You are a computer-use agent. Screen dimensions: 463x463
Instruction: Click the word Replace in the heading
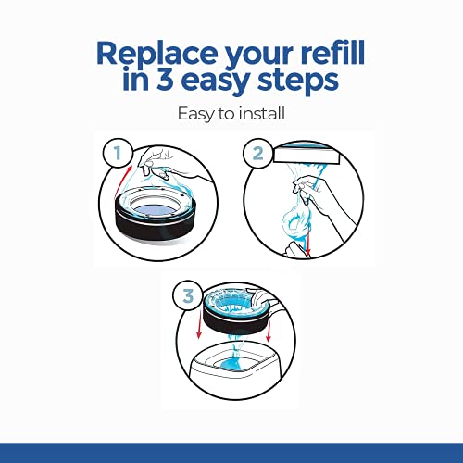[156, 54]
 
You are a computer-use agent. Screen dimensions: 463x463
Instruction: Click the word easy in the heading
[216, 82]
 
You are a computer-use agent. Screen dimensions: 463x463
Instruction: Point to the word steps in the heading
[298, 81]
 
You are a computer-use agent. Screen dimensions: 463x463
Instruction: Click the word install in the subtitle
[262, 113]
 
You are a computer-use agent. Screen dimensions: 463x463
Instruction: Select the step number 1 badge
[118, 153]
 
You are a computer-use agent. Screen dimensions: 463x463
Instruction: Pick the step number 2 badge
[258, 153]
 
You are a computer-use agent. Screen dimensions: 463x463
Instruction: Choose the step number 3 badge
[188, 295]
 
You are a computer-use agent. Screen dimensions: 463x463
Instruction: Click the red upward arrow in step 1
[123, 182]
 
